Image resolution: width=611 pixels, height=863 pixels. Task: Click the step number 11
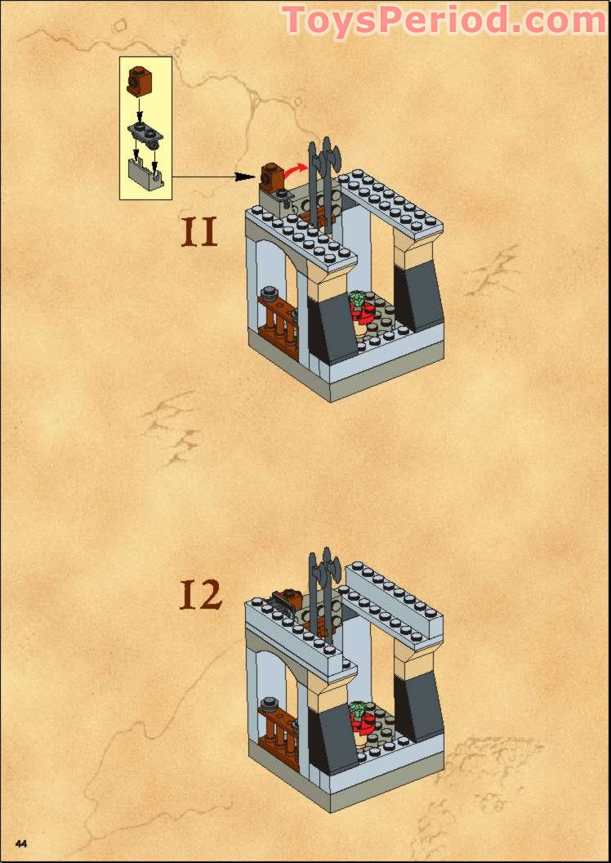tap(198, 232)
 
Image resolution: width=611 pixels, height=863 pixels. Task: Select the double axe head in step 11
tap(323, 159)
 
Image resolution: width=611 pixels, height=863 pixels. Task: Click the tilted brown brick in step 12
tap(286, 598)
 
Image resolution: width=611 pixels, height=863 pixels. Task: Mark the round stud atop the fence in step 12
tap(268, 700)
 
